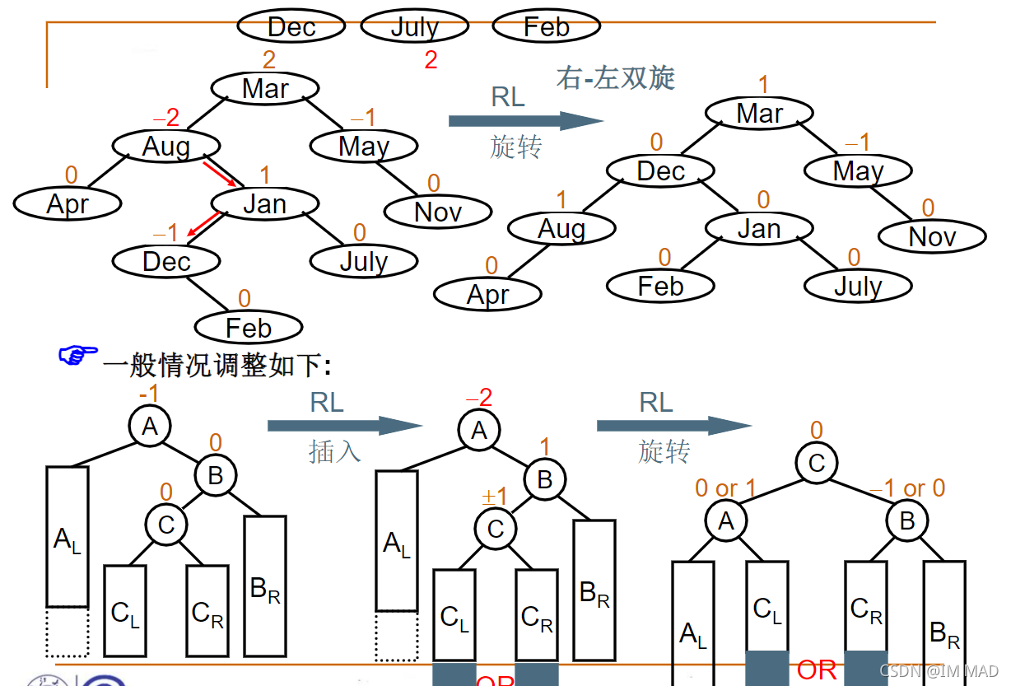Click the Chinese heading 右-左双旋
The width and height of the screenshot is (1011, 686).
click(x=615, y=77)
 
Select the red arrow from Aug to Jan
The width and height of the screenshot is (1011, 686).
click(x=223, y=174)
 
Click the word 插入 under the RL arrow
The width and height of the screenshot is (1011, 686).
click(x=334, y=451)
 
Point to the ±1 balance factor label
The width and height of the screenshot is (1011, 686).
click(x=494, y=497)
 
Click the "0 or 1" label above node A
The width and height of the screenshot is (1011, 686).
click(x=724, y=488)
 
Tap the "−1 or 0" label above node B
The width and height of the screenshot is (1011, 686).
click(x=907, y=488)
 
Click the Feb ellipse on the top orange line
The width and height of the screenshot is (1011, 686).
click(x=546, y=26)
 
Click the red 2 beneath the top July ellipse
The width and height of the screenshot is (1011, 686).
click(x=431, y=60)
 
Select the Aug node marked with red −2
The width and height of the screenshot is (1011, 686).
click(x=165, y=147)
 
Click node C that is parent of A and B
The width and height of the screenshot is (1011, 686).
click(x=816, y=463)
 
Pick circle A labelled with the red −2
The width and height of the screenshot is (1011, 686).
click(x=479, y=430)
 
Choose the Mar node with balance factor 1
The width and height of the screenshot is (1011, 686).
click(x=759, y=114)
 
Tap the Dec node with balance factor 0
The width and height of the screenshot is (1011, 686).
click(x=660, y=171)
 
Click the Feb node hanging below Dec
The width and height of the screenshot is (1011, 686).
click(x=248, y=328)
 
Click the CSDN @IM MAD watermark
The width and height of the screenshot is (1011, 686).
click(x=939, y=670)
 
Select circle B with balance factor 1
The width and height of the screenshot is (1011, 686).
click(x=545, y=479)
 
